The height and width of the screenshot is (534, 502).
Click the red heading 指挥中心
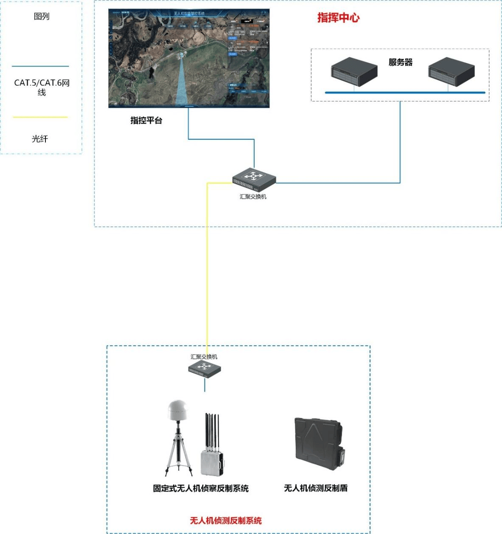[338, 18]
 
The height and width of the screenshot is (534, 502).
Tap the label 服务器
[400, 62]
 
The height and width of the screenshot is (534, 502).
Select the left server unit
[354, 72]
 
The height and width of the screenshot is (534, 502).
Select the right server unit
[451, 72]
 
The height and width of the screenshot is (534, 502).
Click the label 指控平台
[146, 121]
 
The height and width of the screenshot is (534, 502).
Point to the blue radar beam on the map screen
[182, 85]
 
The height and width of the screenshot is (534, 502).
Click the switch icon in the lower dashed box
[205, 369]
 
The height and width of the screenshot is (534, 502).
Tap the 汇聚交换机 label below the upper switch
[253, 197]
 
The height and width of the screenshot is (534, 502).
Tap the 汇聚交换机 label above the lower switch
[204, 357]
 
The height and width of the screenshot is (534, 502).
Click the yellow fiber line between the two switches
[207, 275]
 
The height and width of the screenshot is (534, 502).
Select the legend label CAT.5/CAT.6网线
[42, 87]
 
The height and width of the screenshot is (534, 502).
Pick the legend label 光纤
[40, 139]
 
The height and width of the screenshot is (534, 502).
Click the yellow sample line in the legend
[40, 117]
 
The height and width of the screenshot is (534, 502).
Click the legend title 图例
[42, 17]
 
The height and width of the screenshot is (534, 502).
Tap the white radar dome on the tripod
[178, 409]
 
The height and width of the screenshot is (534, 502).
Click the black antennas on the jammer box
[212, 430]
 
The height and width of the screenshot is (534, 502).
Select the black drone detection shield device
[318, 443]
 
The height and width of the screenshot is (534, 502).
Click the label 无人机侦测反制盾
[315, 488]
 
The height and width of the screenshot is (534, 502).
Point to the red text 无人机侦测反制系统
[225, 520]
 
